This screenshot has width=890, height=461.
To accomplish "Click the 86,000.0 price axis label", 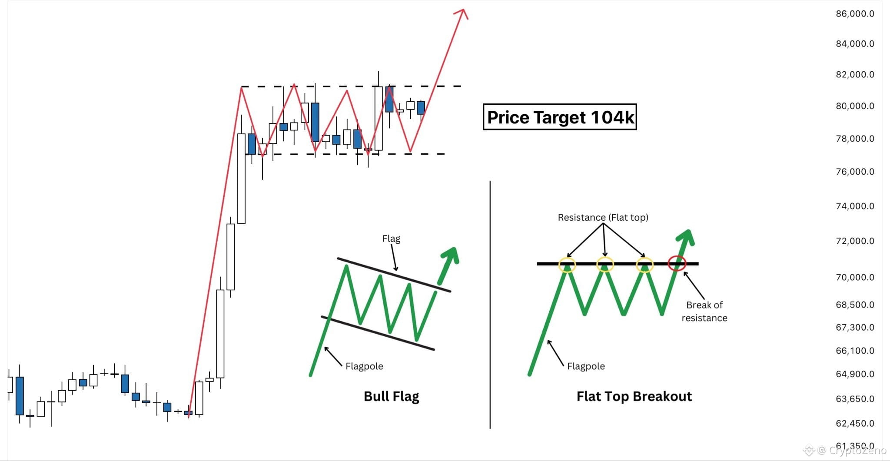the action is [x=855, y=13].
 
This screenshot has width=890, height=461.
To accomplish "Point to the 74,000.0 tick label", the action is [x=855, y=206].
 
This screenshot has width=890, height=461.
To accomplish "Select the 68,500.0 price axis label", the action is [x=855, y=305].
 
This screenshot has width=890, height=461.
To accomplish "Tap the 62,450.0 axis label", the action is [x=855, y=423].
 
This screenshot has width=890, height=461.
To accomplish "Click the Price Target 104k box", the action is [x=560, y=117].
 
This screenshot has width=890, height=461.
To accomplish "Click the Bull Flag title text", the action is [x=391, y=396].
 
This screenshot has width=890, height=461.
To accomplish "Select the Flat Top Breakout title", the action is [x=634, y=396].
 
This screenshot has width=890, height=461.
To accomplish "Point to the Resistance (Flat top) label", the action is [x=603, y=217].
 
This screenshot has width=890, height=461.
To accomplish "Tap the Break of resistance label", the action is [x=704, y=311].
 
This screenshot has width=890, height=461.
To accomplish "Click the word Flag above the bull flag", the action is [x=391, y=239].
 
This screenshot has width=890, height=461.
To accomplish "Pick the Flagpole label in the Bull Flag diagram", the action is [x=364, y=366].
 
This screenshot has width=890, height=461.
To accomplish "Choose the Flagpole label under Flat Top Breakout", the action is [x=586, y=366].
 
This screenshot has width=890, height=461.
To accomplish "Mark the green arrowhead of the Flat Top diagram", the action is [x=686, y=237].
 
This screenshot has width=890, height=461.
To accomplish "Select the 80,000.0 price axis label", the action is [x=855, y=106].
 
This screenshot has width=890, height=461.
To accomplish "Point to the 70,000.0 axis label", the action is [x=855, y=277].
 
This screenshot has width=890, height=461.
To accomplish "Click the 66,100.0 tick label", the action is [x=855, y=350].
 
